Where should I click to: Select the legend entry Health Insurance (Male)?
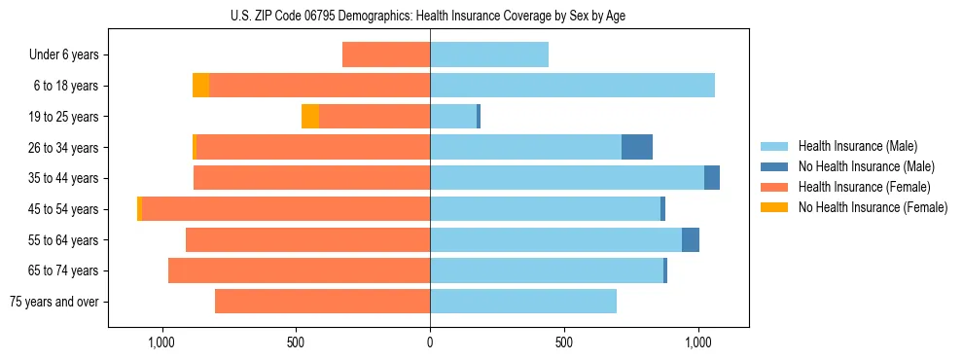(857, 146)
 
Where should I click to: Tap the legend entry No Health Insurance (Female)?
(873, 207)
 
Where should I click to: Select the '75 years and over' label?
(54, 302)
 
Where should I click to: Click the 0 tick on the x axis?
(430, 342)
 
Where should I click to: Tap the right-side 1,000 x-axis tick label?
(698, 342)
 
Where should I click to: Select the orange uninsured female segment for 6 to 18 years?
(200, 86)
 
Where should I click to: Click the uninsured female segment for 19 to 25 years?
(310, 117)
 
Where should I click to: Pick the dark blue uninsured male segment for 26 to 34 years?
(637, 147)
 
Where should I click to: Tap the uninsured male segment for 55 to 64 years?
(691, 239)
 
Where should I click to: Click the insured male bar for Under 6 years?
(489, 54)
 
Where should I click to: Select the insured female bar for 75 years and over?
(322, 302)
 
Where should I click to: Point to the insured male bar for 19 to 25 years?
(453, 117)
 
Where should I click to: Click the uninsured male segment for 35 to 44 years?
(712, 178)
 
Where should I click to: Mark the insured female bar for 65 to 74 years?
(299, 270)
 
